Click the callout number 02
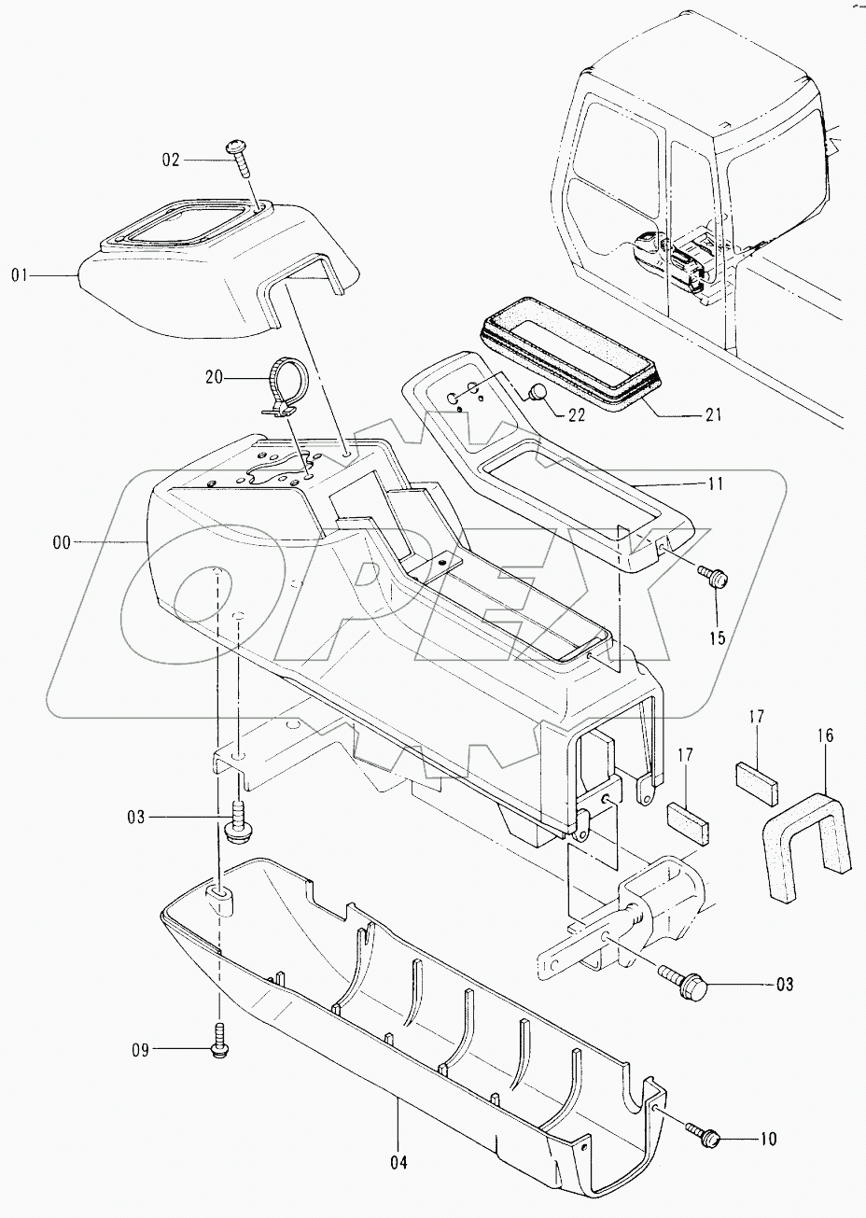(170, 160)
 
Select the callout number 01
(21, 274)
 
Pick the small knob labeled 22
(538, 393)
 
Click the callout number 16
(825, 735)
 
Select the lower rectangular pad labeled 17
(688, 819)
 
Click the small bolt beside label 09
(220, 1043)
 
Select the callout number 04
(398, 1163)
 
